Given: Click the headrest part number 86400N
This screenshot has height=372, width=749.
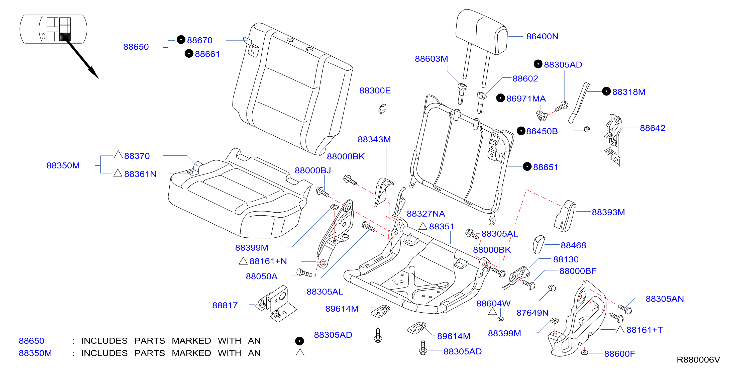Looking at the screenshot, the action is click(542, 36).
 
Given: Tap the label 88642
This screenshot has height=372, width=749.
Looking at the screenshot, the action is click(653, 128).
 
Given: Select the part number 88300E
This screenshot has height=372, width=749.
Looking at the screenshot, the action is click(375, 90).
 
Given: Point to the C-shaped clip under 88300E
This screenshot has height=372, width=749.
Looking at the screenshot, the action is click(382, 109).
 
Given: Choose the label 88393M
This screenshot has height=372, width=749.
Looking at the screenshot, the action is click(608, 212).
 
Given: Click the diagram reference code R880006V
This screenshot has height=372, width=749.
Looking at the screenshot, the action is click(698, 360).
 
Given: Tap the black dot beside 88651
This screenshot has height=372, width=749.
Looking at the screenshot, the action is click(527, 166).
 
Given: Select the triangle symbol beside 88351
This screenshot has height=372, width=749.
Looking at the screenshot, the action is click(423, 226).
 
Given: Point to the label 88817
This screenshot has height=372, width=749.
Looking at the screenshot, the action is click(225, 305).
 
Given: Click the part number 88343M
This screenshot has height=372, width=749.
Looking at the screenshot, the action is click(374, 139).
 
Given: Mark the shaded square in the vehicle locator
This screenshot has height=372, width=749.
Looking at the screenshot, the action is click(65, 37).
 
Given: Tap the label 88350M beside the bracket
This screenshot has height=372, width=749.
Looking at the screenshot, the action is click(63, 165).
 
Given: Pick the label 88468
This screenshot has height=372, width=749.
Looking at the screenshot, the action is click(573, 245).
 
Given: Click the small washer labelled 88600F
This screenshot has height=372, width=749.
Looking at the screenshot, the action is click(584, 352).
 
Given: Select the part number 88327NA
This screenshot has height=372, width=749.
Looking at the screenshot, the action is click(426, 214).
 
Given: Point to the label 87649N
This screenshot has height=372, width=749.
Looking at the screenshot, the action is click(532, 313).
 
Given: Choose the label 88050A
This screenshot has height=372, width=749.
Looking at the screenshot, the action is click(261, 276).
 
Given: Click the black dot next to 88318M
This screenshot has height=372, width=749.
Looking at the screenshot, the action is click(606, 91).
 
